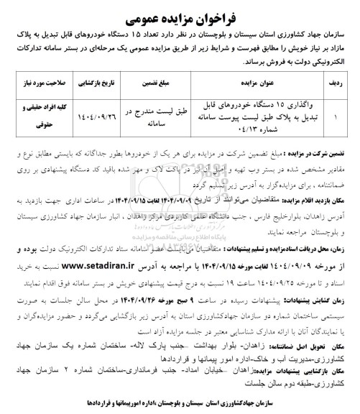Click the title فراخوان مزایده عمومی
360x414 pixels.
click(x=180, y=14)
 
